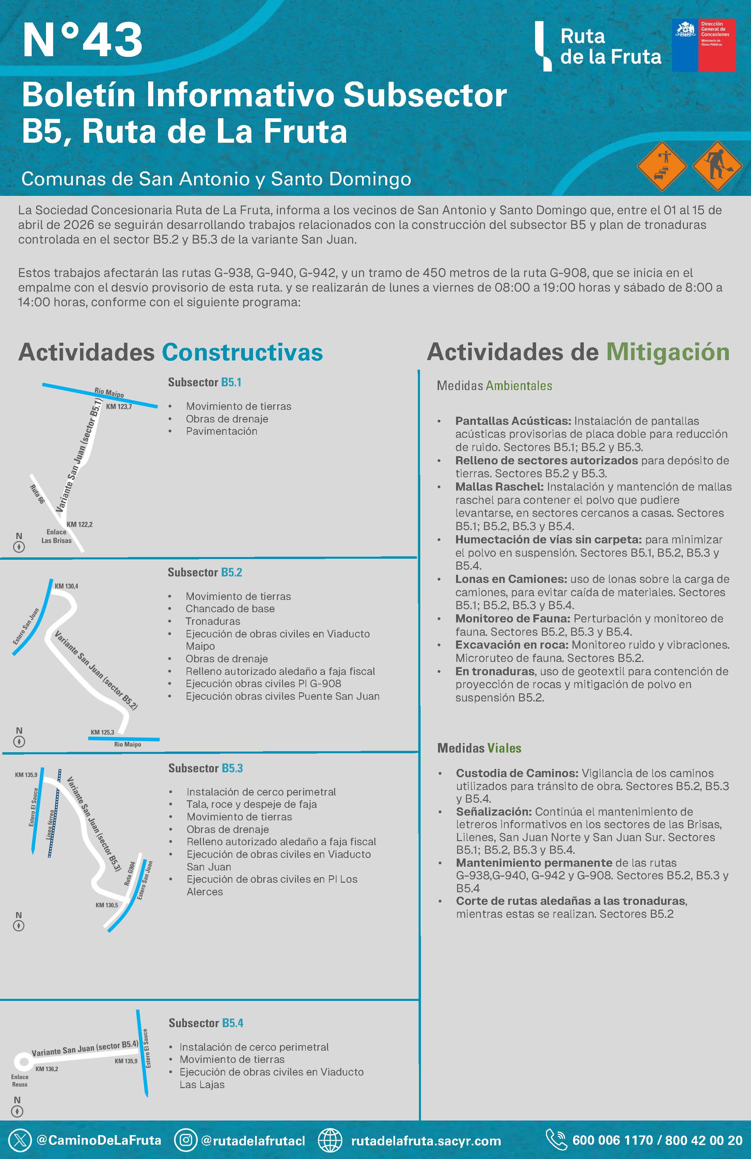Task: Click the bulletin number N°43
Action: coord(82,41)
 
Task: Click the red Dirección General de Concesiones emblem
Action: coord(704,45)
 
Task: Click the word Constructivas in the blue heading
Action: coord(242,352)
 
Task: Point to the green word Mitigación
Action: coord(668,352)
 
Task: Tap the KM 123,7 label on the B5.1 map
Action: coord(119,407)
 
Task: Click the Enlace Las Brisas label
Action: coord(57,536)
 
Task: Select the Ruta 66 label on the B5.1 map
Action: coord(37,494)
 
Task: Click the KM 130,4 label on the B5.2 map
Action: coord(66,586)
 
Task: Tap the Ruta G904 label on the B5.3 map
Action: coord(129,874)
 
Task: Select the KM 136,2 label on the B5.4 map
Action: coord(47,1069)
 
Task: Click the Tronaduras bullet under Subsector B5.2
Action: coord(213,621)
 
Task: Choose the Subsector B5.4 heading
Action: coord(206,1023)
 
